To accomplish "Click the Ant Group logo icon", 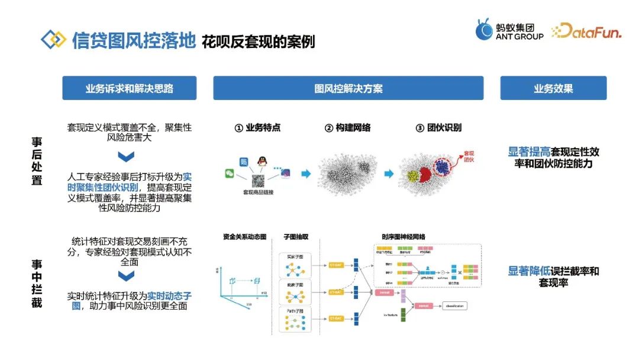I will [484, 30].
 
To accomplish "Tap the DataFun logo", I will [586, 31].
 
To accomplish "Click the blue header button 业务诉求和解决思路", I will [129, 88].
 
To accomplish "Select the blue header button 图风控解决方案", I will [348, 88].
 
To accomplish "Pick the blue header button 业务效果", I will [553, 88].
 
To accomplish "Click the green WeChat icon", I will [230, 173].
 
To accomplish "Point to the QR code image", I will [257, 180].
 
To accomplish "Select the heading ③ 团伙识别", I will [438, 128].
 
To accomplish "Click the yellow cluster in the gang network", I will [413, 175].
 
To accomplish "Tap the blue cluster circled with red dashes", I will [443, 168].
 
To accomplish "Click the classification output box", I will [453, 306].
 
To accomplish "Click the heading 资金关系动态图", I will [244, 237].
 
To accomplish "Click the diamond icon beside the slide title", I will [53, 40].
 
